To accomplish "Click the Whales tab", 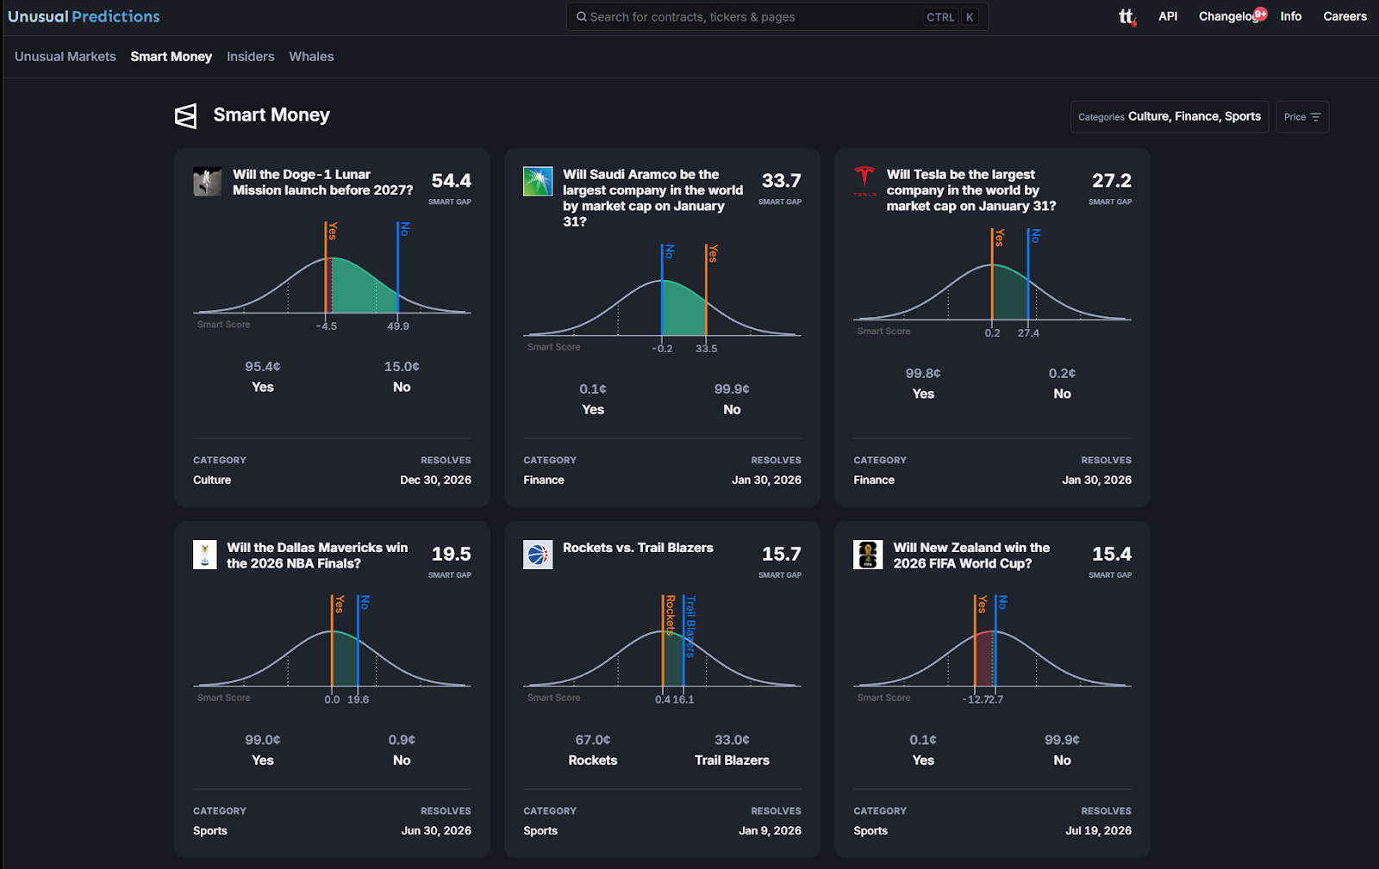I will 311,57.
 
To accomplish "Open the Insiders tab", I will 250,57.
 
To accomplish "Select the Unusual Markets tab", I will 66,57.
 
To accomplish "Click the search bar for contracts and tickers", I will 750,17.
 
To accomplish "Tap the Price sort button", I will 1301,117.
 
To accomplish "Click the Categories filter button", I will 1169,117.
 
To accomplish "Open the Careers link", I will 1345,16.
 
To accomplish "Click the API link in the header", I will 1168,16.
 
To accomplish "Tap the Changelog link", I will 1228,16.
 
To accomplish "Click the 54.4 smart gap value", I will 451,181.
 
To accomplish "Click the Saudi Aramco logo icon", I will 538,181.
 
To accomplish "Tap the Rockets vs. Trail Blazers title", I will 638,548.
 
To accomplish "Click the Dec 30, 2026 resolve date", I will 435,480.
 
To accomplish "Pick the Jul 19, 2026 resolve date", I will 1098,831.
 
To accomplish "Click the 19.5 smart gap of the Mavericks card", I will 451,554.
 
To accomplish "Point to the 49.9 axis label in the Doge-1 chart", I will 398,326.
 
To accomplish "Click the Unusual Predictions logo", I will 84,16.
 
